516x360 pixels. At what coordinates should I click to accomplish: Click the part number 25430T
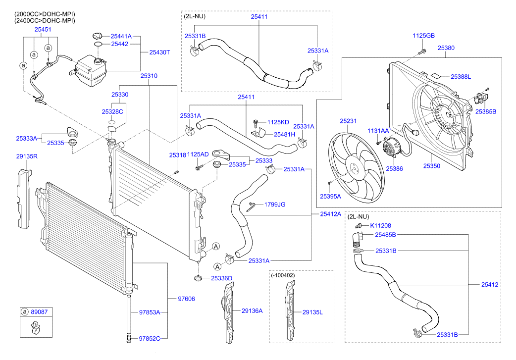pyautogui.click(x=159, y=52)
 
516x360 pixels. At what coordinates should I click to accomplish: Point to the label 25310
pyautogui.click(x=149, y=76)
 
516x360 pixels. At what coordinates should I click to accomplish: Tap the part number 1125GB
pyautogui.click(x=423, y=36)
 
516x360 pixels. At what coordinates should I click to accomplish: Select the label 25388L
pyautogui.click(x=461, y=76)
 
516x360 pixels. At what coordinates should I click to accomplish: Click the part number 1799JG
pyautogui.click(x=274, y=204)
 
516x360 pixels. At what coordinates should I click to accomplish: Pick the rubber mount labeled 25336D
pyautogui.click(x=198, y=279)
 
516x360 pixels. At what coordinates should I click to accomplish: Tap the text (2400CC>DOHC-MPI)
pyautogui.click(x=45, y=21)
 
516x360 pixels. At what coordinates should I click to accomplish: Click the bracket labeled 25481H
pyautogui.click(x=257, y=133)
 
